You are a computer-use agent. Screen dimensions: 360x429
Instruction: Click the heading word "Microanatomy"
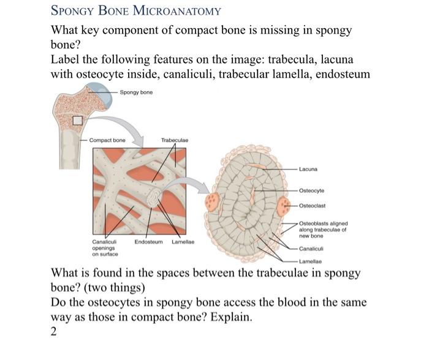click(x=181, y=11)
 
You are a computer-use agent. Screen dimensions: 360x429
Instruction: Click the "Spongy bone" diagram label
click(x=136, y=92)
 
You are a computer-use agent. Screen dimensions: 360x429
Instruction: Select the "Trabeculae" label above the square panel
click(x=174, y=140)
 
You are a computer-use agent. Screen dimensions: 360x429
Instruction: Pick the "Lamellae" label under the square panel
click(x=183, y=242)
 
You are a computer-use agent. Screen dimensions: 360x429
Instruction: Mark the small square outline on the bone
click(x=78, y=121)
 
